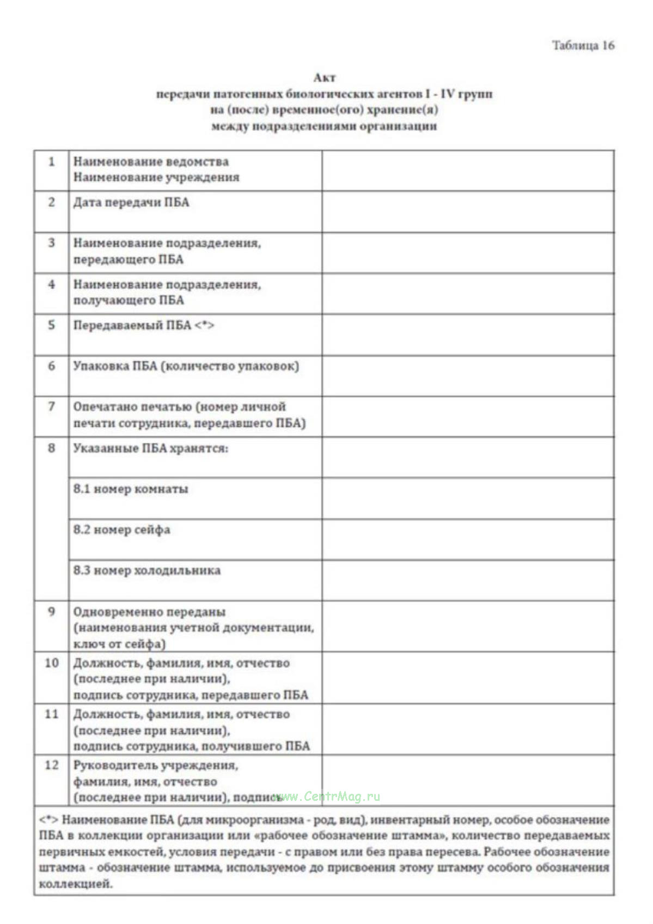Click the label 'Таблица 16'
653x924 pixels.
[x=583, y=45]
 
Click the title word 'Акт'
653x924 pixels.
[x=325, y=77]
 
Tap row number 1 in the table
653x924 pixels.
[x=52, y=162]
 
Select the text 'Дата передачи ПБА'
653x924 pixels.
[x=131, y=203]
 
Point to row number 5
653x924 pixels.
[x=52, y=325]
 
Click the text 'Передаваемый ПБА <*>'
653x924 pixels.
[x=144, y=325]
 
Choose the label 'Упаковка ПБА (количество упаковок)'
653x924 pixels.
[x=186, y=366]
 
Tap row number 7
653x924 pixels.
[x=52, y=406]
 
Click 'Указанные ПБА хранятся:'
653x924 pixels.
[x=151, y=448]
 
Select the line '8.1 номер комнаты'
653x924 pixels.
[x=131, y=489]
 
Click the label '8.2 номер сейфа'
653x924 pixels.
[x=122, y=530]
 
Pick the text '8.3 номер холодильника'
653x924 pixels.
[x=147, y=570]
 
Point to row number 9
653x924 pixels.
[x=52, y=611]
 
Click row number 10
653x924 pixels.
[x=52, y=663]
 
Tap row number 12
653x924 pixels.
[x=52, y=765]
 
